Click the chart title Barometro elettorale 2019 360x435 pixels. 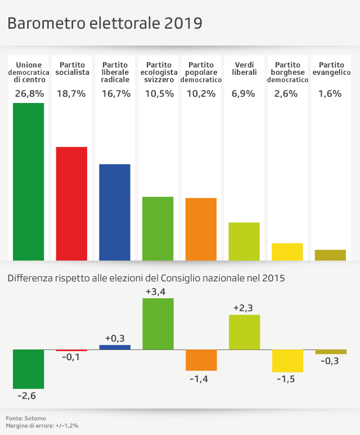[x=105, y=24]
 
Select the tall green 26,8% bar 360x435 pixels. [x=28, y=182]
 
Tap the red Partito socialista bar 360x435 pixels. [x=71, y=204]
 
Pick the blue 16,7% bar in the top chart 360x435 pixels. [x=115, y=212]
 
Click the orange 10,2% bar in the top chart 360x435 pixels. [x=201, y=229]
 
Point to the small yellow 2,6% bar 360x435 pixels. [x=287, y=252]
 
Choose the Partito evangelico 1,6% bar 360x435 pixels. [x=330, y=255]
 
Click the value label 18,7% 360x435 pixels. [x=71, y=94]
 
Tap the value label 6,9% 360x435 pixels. [x=244, y=94]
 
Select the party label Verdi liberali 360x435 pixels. [x=244, y=69]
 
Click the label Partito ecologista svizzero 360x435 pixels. [x=157, y=73]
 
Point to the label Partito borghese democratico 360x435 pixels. [x=287, y=73]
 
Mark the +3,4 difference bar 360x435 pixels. [x=158, y=324]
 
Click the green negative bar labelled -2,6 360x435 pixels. [x=28, y=369]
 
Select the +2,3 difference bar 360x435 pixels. [x=244, y=332]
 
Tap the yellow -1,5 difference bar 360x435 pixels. [x=287, y=361]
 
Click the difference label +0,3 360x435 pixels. [x=115, y=339]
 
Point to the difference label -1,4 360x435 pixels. [x=201, y=379]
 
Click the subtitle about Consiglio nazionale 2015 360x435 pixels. [x=146, y=278]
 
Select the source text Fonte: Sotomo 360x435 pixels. [x=26, y=418]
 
